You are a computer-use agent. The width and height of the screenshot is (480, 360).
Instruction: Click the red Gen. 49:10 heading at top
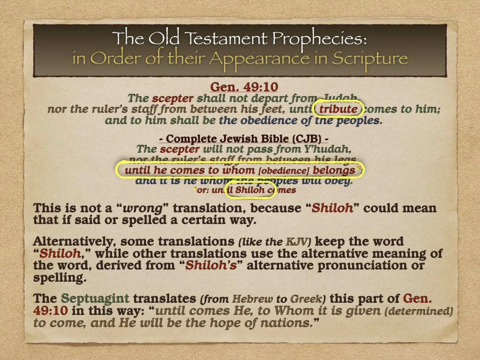[239, 88]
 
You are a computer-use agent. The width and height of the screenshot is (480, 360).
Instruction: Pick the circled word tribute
[338, 110]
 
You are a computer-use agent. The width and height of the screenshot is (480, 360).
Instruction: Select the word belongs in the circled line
[333, 170]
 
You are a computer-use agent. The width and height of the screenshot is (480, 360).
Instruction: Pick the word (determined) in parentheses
[428, 310]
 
